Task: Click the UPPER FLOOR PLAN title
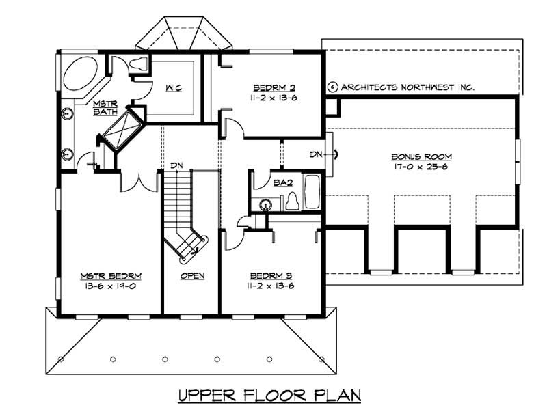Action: coord(269,396)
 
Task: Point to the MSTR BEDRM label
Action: coord(111,276)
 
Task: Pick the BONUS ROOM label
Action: coord(422,157)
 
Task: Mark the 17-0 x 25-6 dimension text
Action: coord(422,167)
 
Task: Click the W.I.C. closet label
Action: coord(172,88)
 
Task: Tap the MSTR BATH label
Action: coord(106,107)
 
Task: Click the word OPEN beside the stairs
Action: coord(193,276)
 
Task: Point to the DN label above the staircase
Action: coord(176,165)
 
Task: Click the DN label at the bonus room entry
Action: coord(315,154)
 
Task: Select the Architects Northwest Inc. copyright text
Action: coord(401,87)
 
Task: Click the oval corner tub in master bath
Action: coord(80,72)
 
